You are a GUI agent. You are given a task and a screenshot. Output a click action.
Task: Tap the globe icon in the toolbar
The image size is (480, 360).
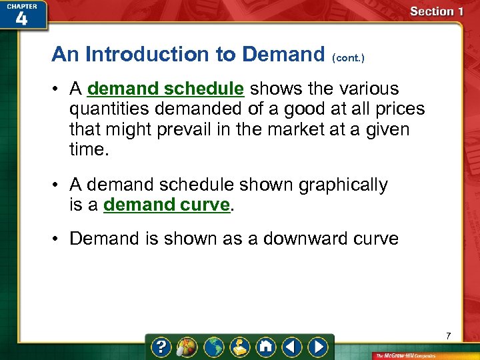pyautogui.click(x=214, y=347)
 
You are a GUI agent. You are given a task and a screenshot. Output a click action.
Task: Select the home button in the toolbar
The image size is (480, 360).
pyautogui.click(x=265, y=347)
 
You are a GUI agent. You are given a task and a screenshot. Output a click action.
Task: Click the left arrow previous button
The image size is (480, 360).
pyautogui.click(x=291, y=347)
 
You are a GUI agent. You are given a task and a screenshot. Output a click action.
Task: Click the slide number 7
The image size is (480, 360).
pyautogui.click(x=449, y=335)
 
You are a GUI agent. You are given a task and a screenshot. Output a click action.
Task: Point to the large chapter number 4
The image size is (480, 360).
pyautogui.click(x=21, y=19)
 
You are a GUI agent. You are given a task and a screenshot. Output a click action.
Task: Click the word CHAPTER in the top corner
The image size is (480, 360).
pyautogui.click(x=22, y=5)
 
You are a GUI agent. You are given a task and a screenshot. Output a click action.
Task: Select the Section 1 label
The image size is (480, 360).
pyautogui.click(x=437, y=11)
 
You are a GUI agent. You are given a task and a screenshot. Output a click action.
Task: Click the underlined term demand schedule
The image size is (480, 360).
pyautogui.click(x=165, y=89)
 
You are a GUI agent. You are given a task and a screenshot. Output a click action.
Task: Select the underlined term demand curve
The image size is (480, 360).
pyautogui.click(x=167, y=205)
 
